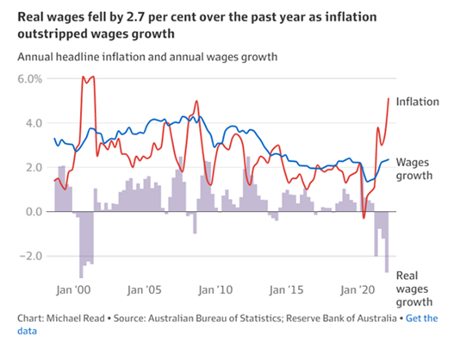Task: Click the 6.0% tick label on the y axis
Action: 30,79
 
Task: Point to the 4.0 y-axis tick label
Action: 34,123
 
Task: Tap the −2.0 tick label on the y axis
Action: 31,256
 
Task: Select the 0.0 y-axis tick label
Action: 34,212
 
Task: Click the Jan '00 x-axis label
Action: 73,290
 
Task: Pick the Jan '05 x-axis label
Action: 145,290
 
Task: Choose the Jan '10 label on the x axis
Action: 215,290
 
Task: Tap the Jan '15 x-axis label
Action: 287,290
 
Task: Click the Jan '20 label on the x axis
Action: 357,290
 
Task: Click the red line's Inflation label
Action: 418,102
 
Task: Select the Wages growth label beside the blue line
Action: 414,169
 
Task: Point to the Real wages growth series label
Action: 414,289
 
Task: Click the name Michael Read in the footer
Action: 76,319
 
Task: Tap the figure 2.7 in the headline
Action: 135,17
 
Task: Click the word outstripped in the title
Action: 52,34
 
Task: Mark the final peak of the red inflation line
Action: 388,99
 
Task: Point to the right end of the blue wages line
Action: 388,159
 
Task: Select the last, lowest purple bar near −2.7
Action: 387,242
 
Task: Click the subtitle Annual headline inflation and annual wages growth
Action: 147,57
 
